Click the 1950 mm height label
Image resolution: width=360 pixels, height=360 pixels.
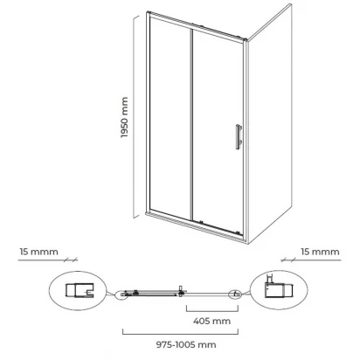coord(124,117)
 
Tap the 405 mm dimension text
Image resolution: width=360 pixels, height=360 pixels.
coord(211,321)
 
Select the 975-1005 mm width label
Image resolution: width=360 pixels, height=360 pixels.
coord(186,345)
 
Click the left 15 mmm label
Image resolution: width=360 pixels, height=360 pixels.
coord(38,252)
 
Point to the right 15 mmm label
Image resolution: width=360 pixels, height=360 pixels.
coord(320,252)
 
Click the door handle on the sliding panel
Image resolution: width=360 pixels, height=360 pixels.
coord(239,137)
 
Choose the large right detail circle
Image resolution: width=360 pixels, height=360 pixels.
coord(279,290)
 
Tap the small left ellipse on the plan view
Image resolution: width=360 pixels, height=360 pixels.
coord(122,294)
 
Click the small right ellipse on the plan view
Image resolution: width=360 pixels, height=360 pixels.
coord(235,294)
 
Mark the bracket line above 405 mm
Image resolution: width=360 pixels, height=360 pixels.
coord(212,311)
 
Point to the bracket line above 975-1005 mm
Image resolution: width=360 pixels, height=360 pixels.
coord(181,334)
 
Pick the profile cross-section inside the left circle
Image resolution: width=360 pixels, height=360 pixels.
coord(80,290)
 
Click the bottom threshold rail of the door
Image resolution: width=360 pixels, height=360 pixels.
coord(195,226)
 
